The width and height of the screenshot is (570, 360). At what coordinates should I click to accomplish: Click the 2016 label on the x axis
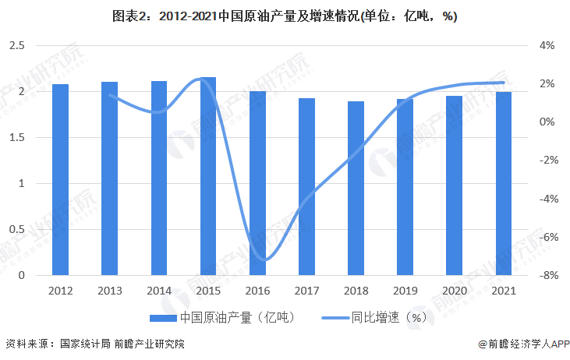tap(257, 291)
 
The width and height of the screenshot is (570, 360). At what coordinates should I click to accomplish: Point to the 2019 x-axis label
tap(405, 291)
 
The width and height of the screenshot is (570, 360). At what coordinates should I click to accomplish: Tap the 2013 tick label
tap(109, 291)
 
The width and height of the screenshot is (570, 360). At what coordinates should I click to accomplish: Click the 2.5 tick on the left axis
tap(16, 46)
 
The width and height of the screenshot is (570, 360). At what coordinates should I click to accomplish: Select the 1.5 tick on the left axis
tap(16, 138)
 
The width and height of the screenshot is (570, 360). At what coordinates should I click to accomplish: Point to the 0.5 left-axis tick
tap(16, 230)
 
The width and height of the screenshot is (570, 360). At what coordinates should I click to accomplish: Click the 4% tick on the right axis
tap(547, 46)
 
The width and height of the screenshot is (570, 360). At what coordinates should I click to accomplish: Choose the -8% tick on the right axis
tap(545, 276)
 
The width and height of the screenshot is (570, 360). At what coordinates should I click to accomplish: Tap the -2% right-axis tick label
tap(545, 161)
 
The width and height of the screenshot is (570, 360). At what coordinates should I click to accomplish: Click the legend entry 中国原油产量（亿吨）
tap(222, 317)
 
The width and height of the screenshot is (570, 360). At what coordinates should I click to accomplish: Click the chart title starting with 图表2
tap(285, 17)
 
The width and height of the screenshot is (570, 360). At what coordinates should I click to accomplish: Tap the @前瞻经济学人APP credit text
tap(518, 344)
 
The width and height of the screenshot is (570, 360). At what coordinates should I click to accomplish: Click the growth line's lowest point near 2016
tap(267, 259)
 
